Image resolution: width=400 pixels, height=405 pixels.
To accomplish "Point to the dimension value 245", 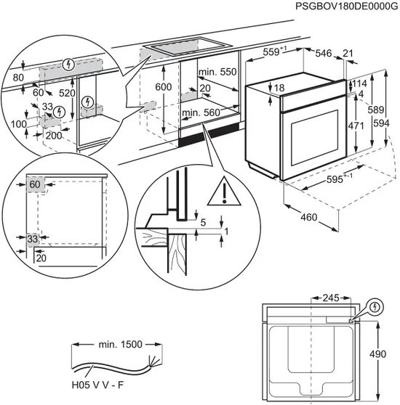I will click(331, 298).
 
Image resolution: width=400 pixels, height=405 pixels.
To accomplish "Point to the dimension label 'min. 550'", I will click(216, 73).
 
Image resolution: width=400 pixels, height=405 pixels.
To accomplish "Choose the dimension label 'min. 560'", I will click(200, 112).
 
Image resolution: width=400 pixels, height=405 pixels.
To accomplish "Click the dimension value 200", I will click(55, 136).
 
